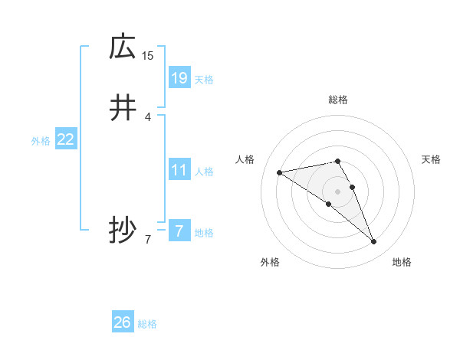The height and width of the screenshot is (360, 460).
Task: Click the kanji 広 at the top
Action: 122,47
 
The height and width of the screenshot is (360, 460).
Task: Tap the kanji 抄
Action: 122,231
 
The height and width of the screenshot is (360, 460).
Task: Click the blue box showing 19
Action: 179,77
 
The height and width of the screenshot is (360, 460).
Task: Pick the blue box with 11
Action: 179,170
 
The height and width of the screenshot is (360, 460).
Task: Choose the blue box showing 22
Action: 66,139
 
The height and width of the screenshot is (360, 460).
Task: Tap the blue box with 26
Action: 122,322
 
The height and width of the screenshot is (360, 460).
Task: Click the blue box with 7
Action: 179,231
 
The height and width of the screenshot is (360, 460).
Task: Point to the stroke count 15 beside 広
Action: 148,55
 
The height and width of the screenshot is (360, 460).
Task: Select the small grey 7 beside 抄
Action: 148,240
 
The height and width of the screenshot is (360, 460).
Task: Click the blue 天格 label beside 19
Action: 204,80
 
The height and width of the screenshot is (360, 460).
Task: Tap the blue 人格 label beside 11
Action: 204,172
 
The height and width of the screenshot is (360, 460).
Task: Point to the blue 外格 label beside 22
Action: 41,141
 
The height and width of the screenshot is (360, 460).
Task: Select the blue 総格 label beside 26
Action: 147,325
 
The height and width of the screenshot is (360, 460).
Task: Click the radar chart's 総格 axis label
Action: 338,100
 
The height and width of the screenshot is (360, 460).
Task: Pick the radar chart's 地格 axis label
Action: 402,263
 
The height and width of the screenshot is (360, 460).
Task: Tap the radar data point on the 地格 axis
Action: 373,242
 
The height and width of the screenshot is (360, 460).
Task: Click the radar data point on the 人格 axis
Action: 279,172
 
